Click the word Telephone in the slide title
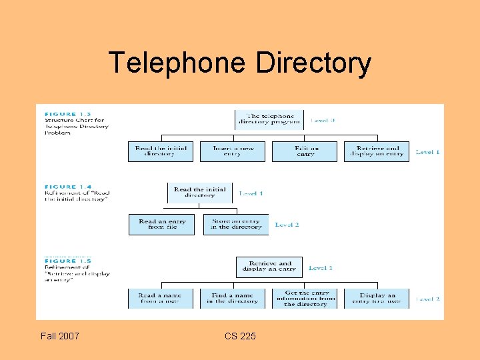coord(177,63)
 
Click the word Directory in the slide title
coord(313,63)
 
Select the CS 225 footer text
coord(240,336)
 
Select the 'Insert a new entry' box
coord(233,151)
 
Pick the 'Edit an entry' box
coord(305,151)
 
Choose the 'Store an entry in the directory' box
coord(236,224)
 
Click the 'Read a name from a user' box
coord(161,298)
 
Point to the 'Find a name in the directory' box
coord(233,298)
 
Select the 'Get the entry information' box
coord(306,298)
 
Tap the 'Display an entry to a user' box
coord(377,298)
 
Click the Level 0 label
coord(323,121)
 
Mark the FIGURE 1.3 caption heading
coord(61,114)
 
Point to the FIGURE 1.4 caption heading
coord(61,187)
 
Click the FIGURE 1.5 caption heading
coord(61,261)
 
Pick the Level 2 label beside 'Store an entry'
coord(287,225)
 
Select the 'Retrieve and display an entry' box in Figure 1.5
coord(269,267)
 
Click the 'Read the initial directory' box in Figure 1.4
coord(200,193)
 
